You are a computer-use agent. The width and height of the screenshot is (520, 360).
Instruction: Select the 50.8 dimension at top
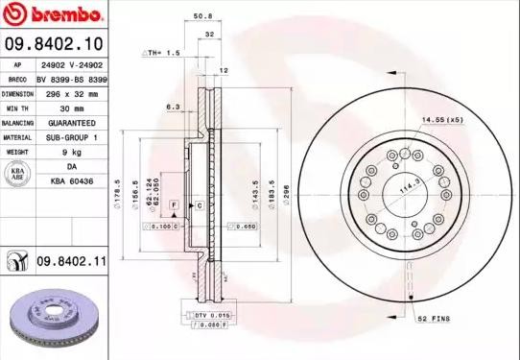coord(202,16)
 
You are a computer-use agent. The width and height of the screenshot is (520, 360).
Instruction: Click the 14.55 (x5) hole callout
coord(442,119)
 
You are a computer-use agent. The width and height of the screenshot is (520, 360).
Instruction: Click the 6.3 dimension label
coord(173,108)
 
